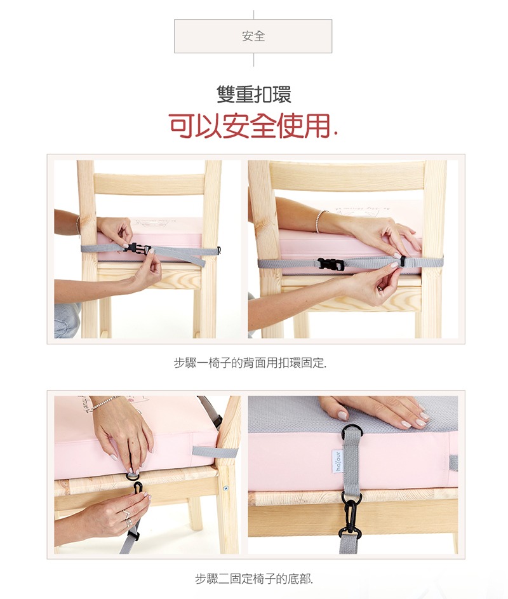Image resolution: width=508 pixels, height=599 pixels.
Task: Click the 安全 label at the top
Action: (x=253, y=36)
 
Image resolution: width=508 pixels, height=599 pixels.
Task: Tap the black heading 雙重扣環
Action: (x=254, y=95)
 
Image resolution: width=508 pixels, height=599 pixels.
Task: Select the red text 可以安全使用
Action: (x=250, y=126)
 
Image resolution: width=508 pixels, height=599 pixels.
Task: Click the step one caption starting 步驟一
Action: (x=250, y=363)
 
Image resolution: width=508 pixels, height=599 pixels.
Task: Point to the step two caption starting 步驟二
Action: (x=254, y=579)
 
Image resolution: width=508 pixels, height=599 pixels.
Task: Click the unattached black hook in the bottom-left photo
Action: (x=138, y=488)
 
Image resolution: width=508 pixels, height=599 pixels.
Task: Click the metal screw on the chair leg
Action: (x=225, y=488)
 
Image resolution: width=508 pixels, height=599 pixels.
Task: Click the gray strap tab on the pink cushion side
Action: (x=204, y=451)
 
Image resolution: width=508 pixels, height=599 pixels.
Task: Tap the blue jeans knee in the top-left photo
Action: (x=67, y=321)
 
